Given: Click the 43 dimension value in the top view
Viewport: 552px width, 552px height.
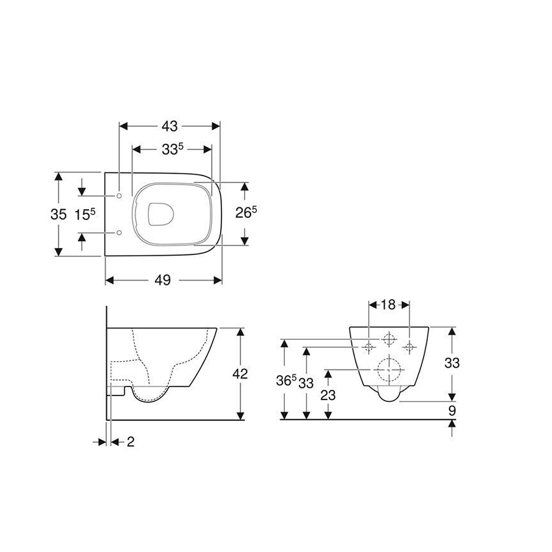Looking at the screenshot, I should point(169,125).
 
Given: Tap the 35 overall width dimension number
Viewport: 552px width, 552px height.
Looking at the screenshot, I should point(58,214).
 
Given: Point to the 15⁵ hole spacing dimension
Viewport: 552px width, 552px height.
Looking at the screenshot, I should point(85,214).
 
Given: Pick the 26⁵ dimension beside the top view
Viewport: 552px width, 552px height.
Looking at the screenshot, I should point(246,212).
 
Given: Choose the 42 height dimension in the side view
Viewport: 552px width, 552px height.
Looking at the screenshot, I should point(240,373).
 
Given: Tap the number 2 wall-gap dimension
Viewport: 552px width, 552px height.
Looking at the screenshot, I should point(130,441).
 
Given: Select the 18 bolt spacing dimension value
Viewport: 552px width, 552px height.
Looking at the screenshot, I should point(389,305).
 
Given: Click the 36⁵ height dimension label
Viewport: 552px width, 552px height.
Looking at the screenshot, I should point(287,382).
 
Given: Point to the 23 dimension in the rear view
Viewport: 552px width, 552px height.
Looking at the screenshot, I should point(328,394).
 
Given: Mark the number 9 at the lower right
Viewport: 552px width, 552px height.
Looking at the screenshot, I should point(452,411).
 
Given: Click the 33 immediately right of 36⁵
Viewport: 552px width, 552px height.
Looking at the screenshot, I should point(307,382).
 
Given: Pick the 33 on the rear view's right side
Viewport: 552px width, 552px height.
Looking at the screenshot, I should point(452,363).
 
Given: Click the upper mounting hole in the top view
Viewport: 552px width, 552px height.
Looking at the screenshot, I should point(120,195).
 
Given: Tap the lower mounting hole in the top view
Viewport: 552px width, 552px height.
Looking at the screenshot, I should point(120,233).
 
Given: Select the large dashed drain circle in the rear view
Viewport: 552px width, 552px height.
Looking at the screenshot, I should point(389,368).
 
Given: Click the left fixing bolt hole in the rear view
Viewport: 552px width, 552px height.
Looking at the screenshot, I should point(369,346).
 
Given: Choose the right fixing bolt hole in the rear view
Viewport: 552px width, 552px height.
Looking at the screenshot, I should point(409,346).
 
